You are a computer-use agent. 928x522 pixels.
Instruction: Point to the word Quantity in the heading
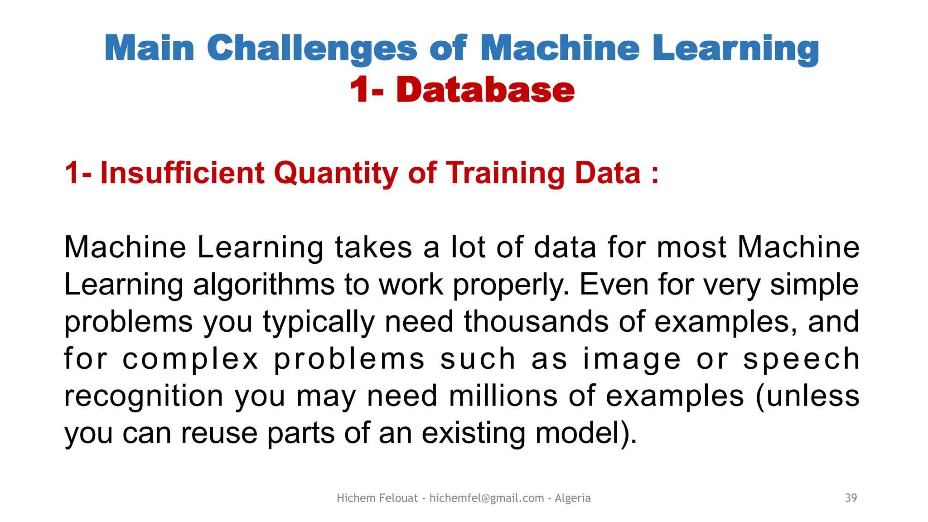click(x=336, y=173)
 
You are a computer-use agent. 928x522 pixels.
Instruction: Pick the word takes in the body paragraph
click(x=373, y=247)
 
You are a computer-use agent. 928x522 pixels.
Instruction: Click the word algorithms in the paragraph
click(x=263, y=285)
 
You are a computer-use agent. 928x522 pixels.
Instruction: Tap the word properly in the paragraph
click(x=511, y=285)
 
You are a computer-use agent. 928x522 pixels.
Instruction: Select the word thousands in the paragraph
click(x=536, y=322)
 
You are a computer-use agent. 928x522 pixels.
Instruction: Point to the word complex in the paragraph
click(x=190, y=359)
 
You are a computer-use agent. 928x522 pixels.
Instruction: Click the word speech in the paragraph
click(x=801, y=359)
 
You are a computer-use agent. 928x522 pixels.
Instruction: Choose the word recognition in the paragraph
click(x=144, y=396)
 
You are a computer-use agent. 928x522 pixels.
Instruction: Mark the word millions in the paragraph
click(x=503, y=396)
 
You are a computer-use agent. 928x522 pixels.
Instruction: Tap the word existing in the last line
click(x=473, y=433)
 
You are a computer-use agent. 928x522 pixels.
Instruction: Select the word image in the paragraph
click(x=632, y=359)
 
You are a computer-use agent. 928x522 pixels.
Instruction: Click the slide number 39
click(x=851, y=498)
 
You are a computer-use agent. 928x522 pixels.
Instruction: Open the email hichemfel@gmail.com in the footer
click(x=486, y=498)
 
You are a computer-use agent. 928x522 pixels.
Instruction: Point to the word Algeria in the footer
click(x=572, y=498)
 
